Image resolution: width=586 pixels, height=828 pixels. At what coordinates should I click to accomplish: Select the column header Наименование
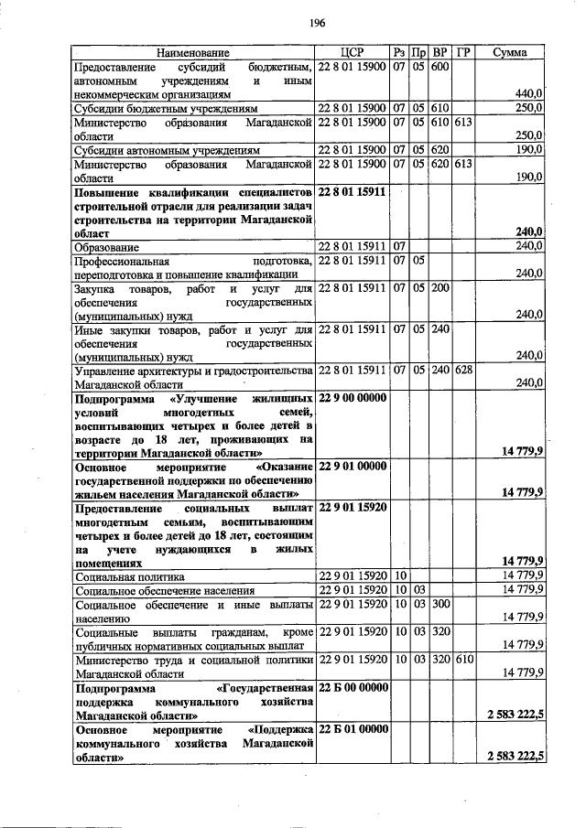(x=192, y=53)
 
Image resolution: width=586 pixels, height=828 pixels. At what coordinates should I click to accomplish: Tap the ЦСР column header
(x=352, y=53)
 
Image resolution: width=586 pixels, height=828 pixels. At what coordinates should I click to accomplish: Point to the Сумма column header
(x=509, y=53)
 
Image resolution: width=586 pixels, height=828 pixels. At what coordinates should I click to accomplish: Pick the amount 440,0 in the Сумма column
(x=530, y=93)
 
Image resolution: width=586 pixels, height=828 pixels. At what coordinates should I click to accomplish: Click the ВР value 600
(x=439, y=68)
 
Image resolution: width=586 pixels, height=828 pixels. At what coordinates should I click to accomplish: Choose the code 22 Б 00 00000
(x=353, y=687)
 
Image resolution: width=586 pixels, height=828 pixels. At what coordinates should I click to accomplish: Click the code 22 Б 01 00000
(x=353, y=729)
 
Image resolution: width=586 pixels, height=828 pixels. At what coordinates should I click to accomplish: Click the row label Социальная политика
(x=130, y=577)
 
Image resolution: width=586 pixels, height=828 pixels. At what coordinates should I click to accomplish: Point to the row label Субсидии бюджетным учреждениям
(x=166, y=108)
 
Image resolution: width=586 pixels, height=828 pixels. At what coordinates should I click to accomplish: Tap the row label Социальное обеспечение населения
(x=164, y=591)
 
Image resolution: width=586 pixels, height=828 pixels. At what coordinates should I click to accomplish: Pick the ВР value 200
(x=439, y=288)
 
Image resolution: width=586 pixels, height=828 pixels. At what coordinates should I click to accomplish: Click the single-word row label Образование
(x=107, y=247)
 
